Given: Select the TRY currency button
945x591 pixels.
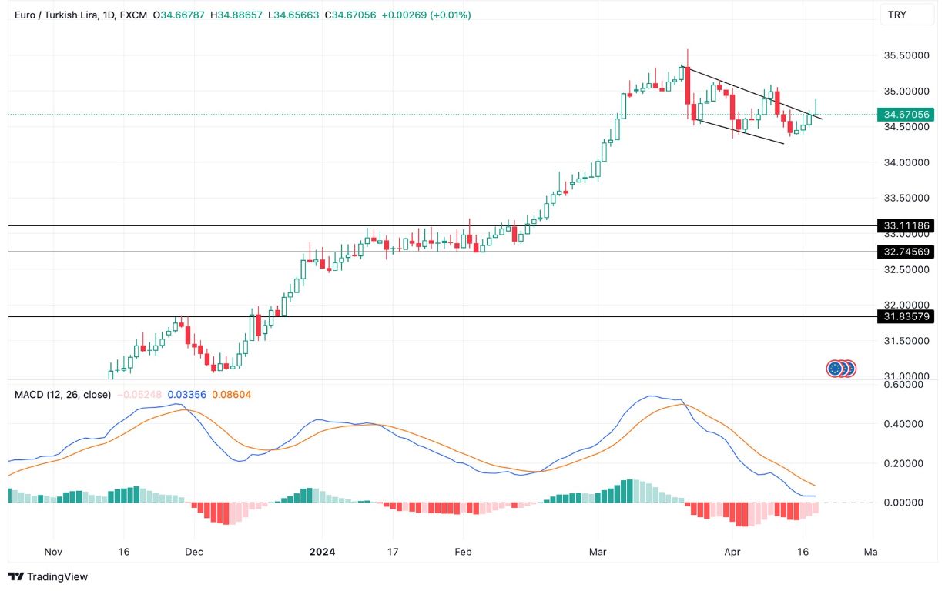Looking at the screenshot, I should coord(897,15).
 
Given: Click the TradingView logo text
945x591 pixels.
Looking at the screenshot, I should coord(48,576).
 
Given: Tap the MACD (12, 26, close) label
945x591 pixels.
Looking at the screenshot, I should coord(62,395).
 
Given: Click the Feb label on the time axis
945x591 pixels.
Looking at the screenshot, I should coord(463,552).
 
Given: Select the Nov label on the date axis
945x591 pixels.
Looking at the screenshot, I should coord(53,552).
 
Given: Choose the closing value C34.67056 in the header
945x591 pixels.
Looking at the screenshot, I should coord(350,15).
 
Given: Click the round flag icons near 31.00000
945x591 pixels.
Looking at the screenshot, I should coord(841,369).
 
